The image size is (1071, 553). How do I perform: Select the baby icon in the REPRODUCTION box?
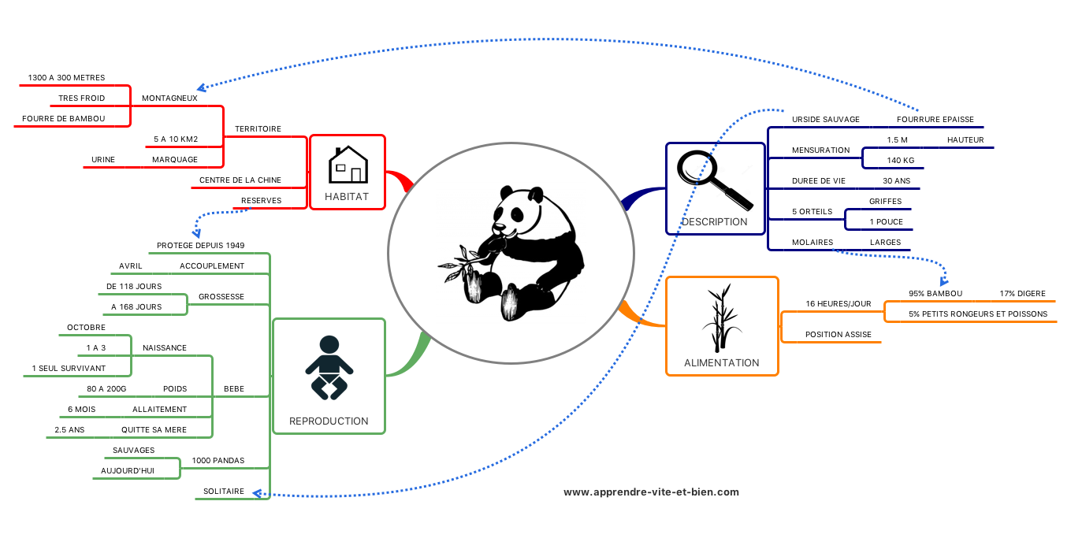pos(328,366)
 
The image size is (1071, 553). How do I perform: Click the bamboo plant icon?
pos(720,318)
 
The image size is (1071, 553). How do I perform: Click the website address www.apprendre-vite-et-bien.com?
pos(651,492)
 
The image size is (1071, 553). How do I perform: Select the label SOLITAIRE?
pos(224,491)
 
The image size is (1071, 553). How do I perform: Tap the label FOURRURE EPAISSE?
pos(935,120)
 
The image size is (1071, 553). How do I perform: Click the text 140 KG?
pos(901,160)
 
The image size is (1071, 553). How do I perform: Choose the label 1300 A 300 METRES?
pos(66,78)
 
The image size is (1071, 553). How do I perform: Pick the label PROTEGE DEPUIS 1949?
pos(200,245)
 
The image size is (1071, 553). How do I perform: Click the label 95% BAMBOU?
pos(935,293)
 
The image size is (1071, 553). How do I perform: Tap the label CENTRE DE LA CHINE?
pos(240,180)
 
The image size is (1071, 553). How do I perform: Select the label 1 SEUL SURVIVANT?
pos(69,368)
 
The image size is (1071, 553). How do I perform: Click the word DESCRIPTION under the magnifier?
pos(714,221)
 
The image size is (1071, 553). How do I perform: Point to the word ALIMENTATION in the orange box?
pos(721,363)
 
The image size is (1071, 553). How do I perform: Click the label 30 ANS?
pos(896,180)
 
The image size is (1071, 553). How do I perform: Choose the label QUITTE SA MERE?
pos(154,429)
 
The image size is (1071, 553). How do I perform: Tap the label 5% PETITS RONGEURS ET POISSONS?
pos(977,314)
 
